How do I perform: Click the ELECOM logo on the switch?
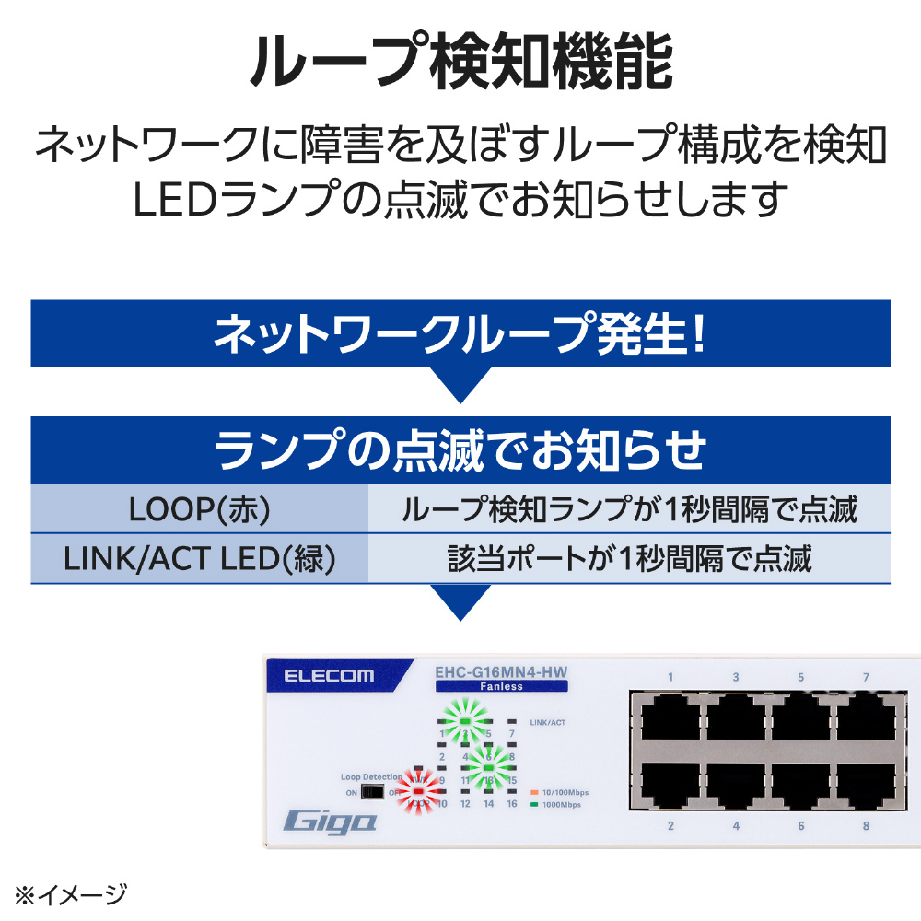click(329, 676)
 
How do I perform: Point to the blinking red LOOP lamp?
click(418, 791)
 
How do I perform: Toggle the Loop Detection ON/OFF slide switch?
click(371, 792)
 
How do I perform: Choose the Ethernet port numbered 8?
click(866, 786)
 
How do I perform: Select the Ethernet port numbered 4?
click(736, 786)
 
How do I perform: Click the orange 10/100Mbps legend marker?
click(535, 791)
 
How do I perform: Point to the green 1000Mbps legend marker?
click(535, 804)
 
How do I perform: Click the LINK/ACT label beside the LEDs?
click(548, 722)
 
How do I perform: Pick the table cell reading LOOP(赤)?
click(199, 509)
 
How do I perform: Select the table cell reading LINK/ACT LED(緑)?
click(199, 558)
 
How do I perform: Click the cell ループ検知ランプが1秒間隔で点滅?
click(629, 509)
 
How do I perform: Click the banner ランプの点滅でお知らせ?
click(460, 450)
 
